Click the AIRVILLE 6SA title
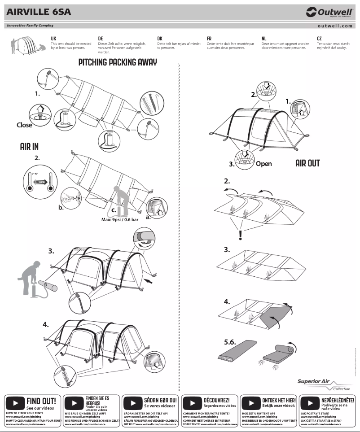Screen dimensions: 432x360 [x=39, y=12]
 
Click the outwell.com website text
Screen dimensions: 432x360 [x=335, y=26]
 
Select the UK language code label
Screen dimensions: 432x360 [x=53, y=39]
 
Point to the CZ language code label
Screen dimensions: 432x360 [x=319, y=39]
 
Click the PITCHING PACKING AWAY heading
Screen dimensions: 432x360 [x=118, y=62]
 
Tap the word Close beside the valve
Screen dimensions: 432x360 [x=24, y=125]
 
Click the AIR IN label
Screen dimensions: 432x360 [x=29, y=147]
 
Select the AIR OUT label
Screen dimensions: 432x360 [x=307, y=163]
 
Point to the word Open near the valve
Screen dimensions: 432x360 [x=263, y=164]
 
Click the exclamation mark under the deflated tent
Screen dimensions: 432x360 [x=241, y=235]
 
